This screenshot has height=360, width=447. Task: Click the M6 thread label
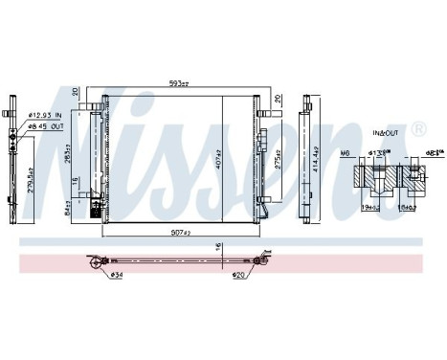(x=346, y=154)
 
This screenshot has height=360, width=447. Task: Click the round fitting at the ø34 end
(x=94, y=261)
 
